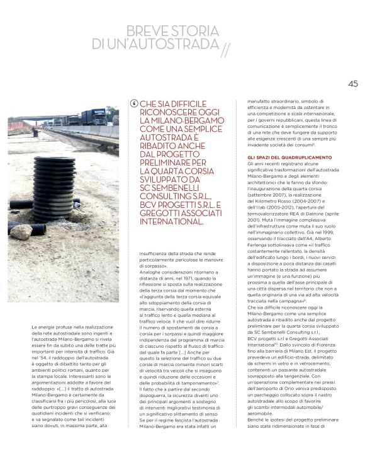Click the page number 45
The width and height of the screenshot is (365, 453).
pyautogui.click(x=352, y=83)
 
